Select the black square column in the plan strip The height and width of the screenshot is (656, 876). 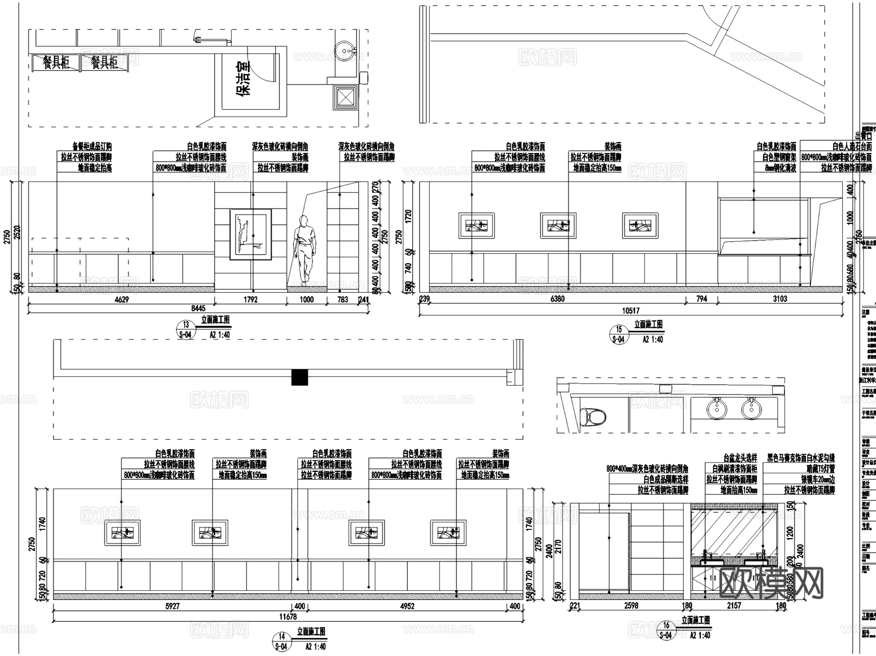click(x=300, y=377)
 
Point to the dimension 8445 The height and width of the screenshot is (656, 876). click(x=198, y=308)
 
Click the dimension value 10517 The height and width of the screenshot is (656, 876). click(x=631, y=310)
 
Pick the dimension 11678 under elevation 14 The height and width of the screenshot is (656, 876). click(x=288, y=617)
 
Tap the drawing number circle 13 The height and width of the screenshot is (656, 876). click(x=185, y=325)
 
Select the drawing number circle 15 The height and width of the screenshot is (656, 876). click(x=619, y=330)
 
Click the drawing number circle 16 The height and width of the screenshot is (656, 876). click(x=666, y=625)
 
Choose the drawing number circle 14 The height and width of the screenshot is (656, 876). click(x=281, y=637)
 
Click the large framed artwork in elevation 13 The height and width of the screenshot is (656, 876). click(x=251, y=234)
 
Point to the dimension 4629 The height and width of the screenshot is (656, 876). click(x=121, y=300)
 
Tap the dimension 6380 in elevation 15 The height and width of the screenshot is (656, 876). click(x=557, y=299)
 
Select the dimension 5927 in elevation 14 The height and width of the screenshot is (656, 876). click(x=172, y=606)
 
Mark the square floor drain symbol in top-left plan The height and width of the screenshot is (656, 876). click(x=346, y=96)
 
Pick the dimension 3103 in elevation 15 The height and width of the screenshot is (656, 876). click(x=780, y=299)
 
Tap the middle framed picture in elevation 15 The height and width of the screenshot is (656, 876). click(x=558, y=225)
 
